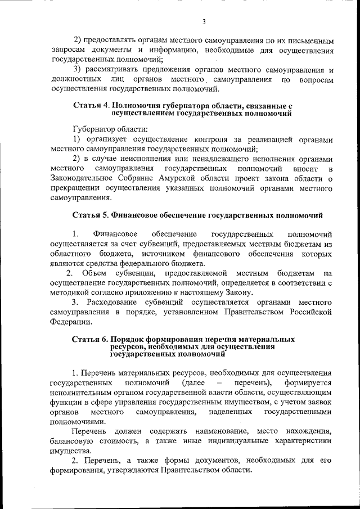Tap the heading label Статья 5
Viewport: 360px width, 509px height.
(91, 215)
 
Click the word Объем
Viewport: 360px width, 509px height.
(93, 273)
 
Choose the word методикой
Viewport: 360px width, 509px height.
(69, 292)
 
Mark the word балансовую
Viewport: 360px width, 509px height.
(71, 441)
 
